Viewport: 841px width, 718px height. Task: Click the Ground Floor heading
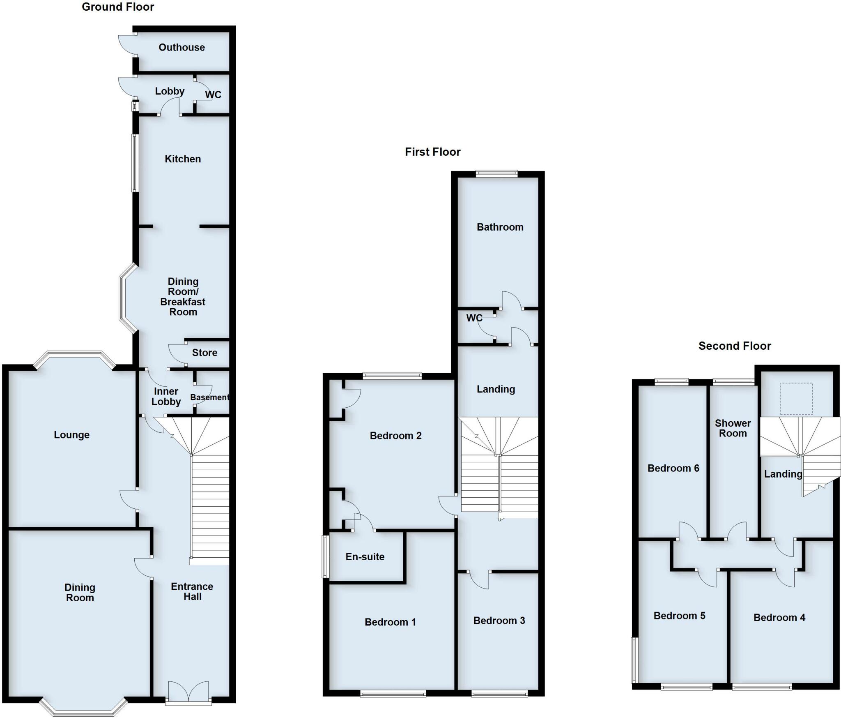(x=118, y=7)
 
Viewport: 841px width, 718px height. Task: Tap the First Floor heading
(x=432, y=152)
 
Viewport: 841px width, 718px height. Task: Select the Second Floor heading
(x=735, y=346)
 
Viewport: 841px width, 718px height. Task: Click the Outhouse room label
(x=182, y=47)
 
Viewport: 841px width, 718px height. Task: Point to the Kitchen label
(x=183, y=159)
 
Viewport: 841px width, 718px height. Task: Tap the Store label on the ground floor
(x=205, y=353)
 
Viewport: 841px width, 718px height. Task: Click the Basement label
(x=209, y=397)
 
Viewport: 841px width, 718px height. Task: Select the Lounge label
(x=71, y=435)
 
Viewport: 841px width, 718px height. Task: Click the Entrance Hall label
(x=192, y=591)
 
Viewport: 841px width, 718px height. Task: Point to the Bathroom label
(x=500, y=227)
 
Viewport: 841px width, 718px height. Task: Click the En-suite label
(x=365, y=557)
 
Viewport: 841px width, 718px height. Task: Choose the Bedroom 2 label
(x=395, y=436)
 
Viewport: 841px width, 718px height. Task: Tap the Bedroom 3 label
(x=499, y=621)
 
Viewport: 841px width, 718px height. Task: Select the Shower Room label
(x=733, y=428)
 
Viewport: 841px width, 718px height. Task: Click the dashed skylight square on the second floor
(x=796, y=399)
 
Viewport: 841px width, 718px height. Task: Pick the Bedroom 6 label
(x=673, y=468)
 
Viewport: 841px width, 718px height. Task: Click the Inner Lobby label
(x=166, y=397)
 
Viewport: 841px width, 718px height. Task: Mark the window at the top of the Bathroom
(x=497, y=174)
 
